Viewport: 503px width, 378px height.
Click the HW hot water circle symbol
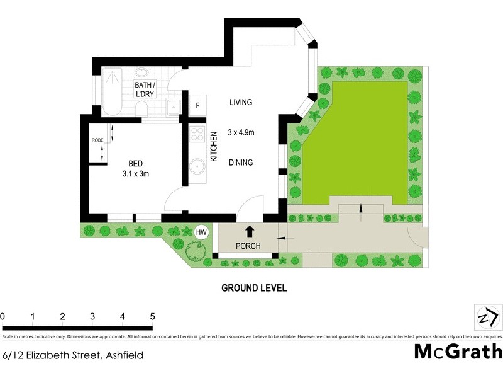click(201, 232)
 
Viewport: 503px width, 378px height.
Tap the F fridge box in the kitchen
click(197, 106)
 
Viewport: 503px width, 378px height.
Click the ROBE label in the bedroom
click(97, 140)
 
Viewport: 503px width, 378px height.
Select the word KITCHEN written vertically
click(214, 147)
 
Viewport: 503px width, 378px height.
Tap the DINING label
click(240, 163)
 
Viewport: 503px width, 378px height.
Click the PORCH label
click(248, 246)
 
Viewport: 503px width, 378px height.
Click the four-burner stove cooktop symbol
click(197, 134)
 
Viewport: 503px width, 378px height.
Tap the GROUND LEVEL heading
click(254, 288)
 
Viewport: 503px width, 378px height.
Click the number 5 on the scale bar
click(152, 316)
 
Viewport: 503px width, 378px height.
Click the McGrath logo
click(458, 351)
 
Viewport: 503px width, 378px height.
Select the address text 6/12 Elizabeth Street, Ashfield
click(72, 355)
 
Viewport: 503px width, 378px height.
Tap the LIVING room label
click(240, 102)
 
